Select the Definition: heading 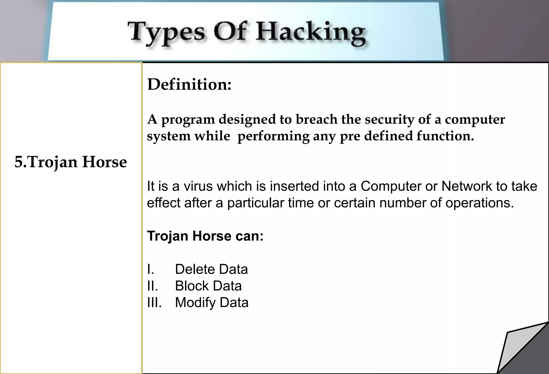[189, 84]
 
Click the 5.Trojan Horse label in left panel [71, 162]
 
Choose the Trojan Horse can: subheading [205, 236]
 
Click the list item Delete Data [211, 269]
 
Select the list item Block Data [208, 286]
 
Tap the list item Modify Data [212, 303]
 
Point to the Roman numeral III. [154, 303]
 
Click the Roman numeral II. [152, 286]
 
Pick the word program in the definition [188, 120]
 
